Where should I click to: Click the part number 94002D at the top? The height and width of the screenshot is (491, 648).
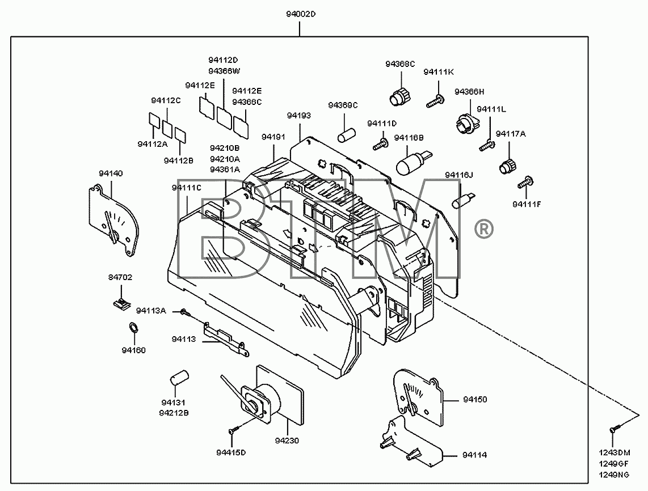(300, 14)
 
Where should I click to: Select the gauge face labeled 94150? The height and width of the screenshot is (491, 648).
(418, 397)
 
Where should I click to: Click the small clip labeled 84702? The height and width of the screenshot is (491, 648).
(121, 303)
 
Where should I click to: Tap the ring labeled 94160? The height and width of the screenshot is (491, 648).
(133, 328)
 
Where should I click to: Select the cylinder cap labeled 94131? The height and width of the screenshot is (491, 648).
(179, 378)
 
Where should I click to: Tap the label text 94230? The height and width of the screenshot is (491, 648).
(287, 441)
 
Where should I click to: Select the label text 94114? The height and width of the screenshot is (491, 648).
(475, 455)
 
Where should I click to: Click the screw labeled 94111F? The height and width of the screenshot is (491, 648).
(526, 183)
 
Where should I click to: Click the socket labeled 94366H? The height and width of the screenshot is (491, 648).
(468, 122)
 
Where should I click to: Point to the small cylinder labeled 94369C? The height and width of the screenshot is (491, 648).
(347, 136)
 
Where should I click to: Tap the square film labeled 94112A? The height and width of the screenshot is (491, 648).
(154, 120)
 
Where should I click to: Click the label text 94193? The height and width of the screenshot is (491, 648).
(299, 116)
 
